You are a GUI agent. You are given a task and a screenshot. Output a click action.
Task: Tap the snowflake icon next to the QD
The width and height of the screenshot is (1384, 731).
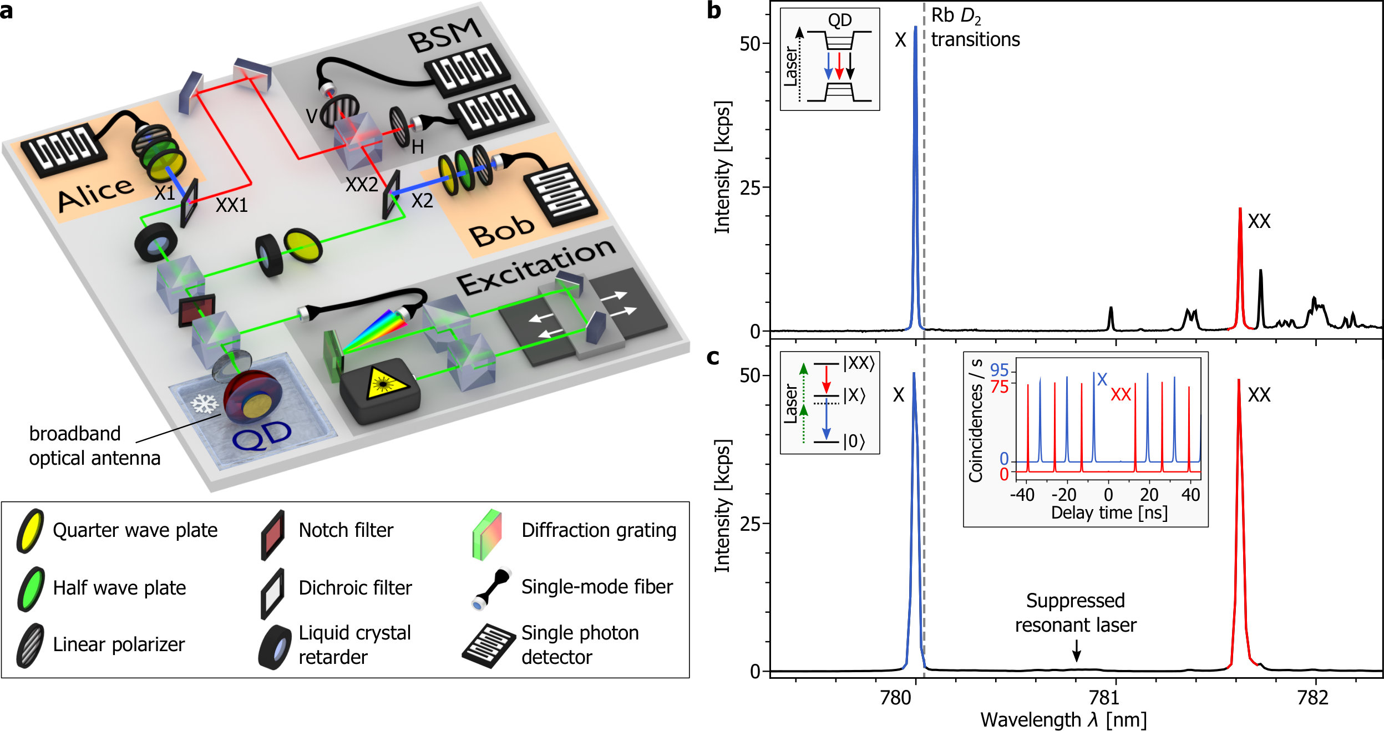tap(205, 404)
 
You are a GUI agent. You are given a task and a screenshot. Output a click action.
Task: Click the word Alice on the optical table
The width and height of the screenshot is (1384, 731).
tap(96, 195)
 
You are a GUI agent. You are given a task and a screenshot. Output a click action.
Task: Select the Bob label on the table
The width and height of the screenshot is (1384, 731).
tap(502, 231)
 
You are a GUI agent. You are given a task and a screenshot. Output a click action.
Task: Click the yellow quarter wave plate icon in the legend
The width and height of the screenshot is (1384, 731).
tap(30, 530)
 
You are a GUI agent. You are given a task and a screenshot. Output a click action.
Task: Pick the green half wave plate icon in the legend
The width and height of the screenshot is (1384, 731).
tap(30, 588)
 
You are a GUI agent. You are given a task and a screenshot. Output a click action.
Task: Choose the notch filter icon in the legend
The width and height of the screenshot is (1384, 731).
tap(273, 534)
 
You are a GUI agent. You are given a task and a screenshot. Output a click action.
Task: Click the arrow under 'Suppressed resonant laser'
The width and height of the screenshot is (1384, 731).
tap(1076, 651)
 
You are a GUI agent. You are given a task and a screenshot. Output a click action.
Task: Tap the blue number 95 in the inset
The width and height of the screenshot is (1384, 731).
tap(999, 370)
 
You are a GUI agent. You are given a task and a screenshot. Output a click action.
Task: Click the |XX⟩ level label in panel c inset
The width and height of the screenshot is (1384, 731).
tap(859, 363)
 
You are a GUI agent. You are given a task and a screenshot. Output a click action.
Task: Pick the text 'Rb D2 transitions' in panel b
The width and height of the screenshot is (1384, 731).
tap(975, 28)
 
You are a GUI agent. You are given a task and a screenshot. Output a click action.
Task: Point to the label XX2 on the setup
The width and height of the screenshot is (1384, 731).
tap(362, 185)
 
